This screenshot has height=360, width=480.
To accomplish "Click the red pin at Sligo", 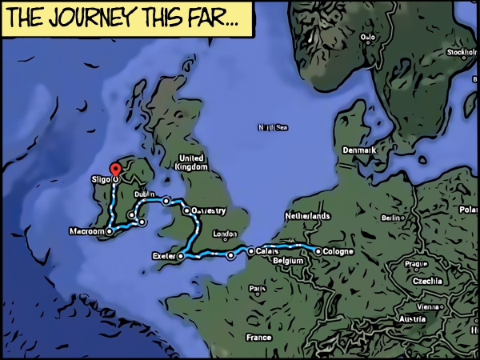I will click(x=114, y=170).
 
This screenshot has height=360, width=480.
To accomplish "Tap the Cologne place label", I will click(x=339, y=252).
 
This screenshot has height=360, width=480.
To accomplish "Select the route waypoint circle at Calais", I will click(x=251, y=250).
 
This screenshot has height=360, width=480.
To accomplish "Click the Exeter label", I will click(x=162, y=256).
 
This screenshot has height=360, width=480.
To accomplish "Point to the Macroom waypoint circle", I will click(x=110, y=231).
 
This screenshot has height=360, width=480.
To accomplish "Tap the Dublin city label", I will click(x=145, y=194).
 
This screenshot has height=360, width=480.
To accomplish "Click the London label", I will click(x=226, y=234).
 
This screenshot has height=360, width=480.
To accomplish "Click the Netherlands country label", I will click(x=308, y=217).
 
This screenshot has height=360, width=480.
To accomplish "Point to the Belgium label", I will click(x=289, y=262).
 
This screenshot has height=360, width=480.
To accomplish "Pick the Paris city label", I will click(x=258, y=289).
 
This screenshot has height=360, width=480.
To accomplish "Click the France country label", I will click(x=259, y=338).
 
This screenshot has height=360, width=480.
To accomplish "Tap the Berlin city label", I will click(x=392, y=218).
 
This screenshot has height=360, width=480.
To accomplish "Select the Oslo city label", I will click(x=368, y=37).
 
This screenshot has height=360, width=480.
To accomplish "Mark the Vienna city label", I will click(x=429, y=307).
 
